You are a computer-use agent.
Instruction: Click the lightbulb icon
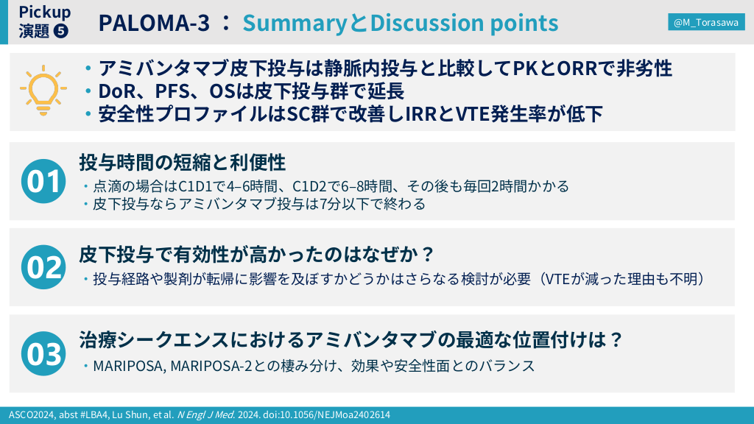(43, 91)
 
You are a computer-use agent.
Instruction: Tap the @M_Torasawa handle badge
(706, 22)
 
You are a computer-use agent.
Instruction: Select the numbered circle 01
(43, 181)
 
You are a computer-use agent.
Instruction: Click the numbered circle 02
(43, 267)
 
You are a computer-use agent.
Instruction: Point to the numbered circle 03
(43, 353)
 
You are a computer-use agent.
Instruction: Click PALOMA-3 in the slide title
(154, 23)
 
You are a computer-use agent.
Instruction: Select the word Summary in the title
(295, 23)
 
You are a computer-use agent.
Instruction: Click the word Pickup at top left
(45, 12)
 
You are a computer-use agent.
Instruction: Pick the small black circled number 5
(61, 31)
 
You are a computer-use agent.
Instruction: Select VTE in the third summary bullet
(473, 114)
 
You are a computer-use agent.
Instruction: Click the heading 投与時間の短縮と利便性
(183, 163)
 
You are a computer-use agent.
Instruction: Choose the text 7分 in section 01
(331, 204)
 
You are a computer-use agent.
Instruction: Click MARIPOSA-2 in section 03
(211, 366)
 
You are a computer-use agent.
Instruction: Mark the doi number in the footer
(326, 415)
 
